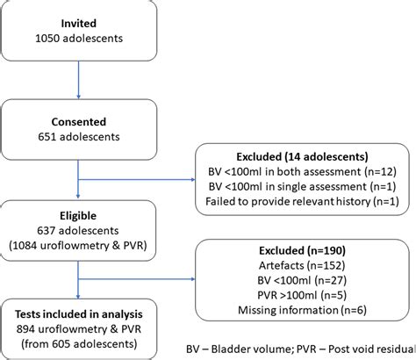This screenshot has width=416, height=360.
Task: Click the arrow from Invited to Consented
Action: (80, 79)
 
